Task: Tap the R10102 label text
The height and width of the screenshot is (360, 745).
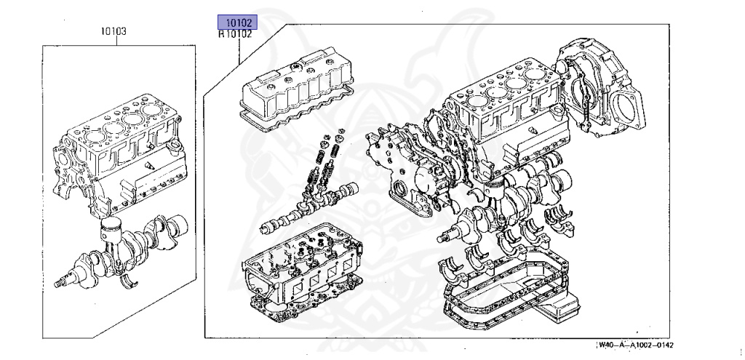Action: point(236,33)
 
